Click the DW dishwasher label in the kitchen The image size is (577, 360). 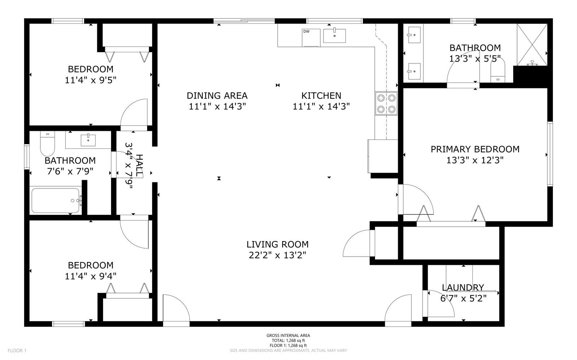point(306,32)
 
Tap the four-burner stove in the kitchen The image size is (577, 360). point(386,103)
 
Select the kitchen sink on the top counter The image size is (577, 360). point(334,36)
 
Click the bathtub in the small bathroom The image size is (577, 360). point(55,200)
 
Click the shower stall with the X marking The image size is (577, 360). point(532,45)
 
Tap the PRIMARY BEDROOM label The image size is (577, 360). point(475,149)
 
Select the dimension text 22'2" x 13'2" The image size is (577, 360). point(277,255)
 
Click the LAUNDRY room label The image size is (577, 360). point(463,288)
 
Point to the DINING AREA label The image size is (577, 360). point(217,96)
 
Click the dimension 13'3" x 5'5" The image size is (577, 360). point(475,58)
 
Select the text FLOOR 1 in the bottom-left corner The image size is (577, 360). point(17,351)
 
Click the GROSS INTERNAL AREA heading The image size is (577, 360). point(288,335)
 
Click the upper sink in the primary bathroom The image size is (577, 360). point(414,35)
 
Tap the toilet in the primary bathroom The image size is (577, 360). point(498,72)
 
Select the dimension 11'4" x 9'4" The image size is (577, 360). point(91,276)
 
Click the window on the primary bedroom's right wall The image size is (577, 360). point(550,154)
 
